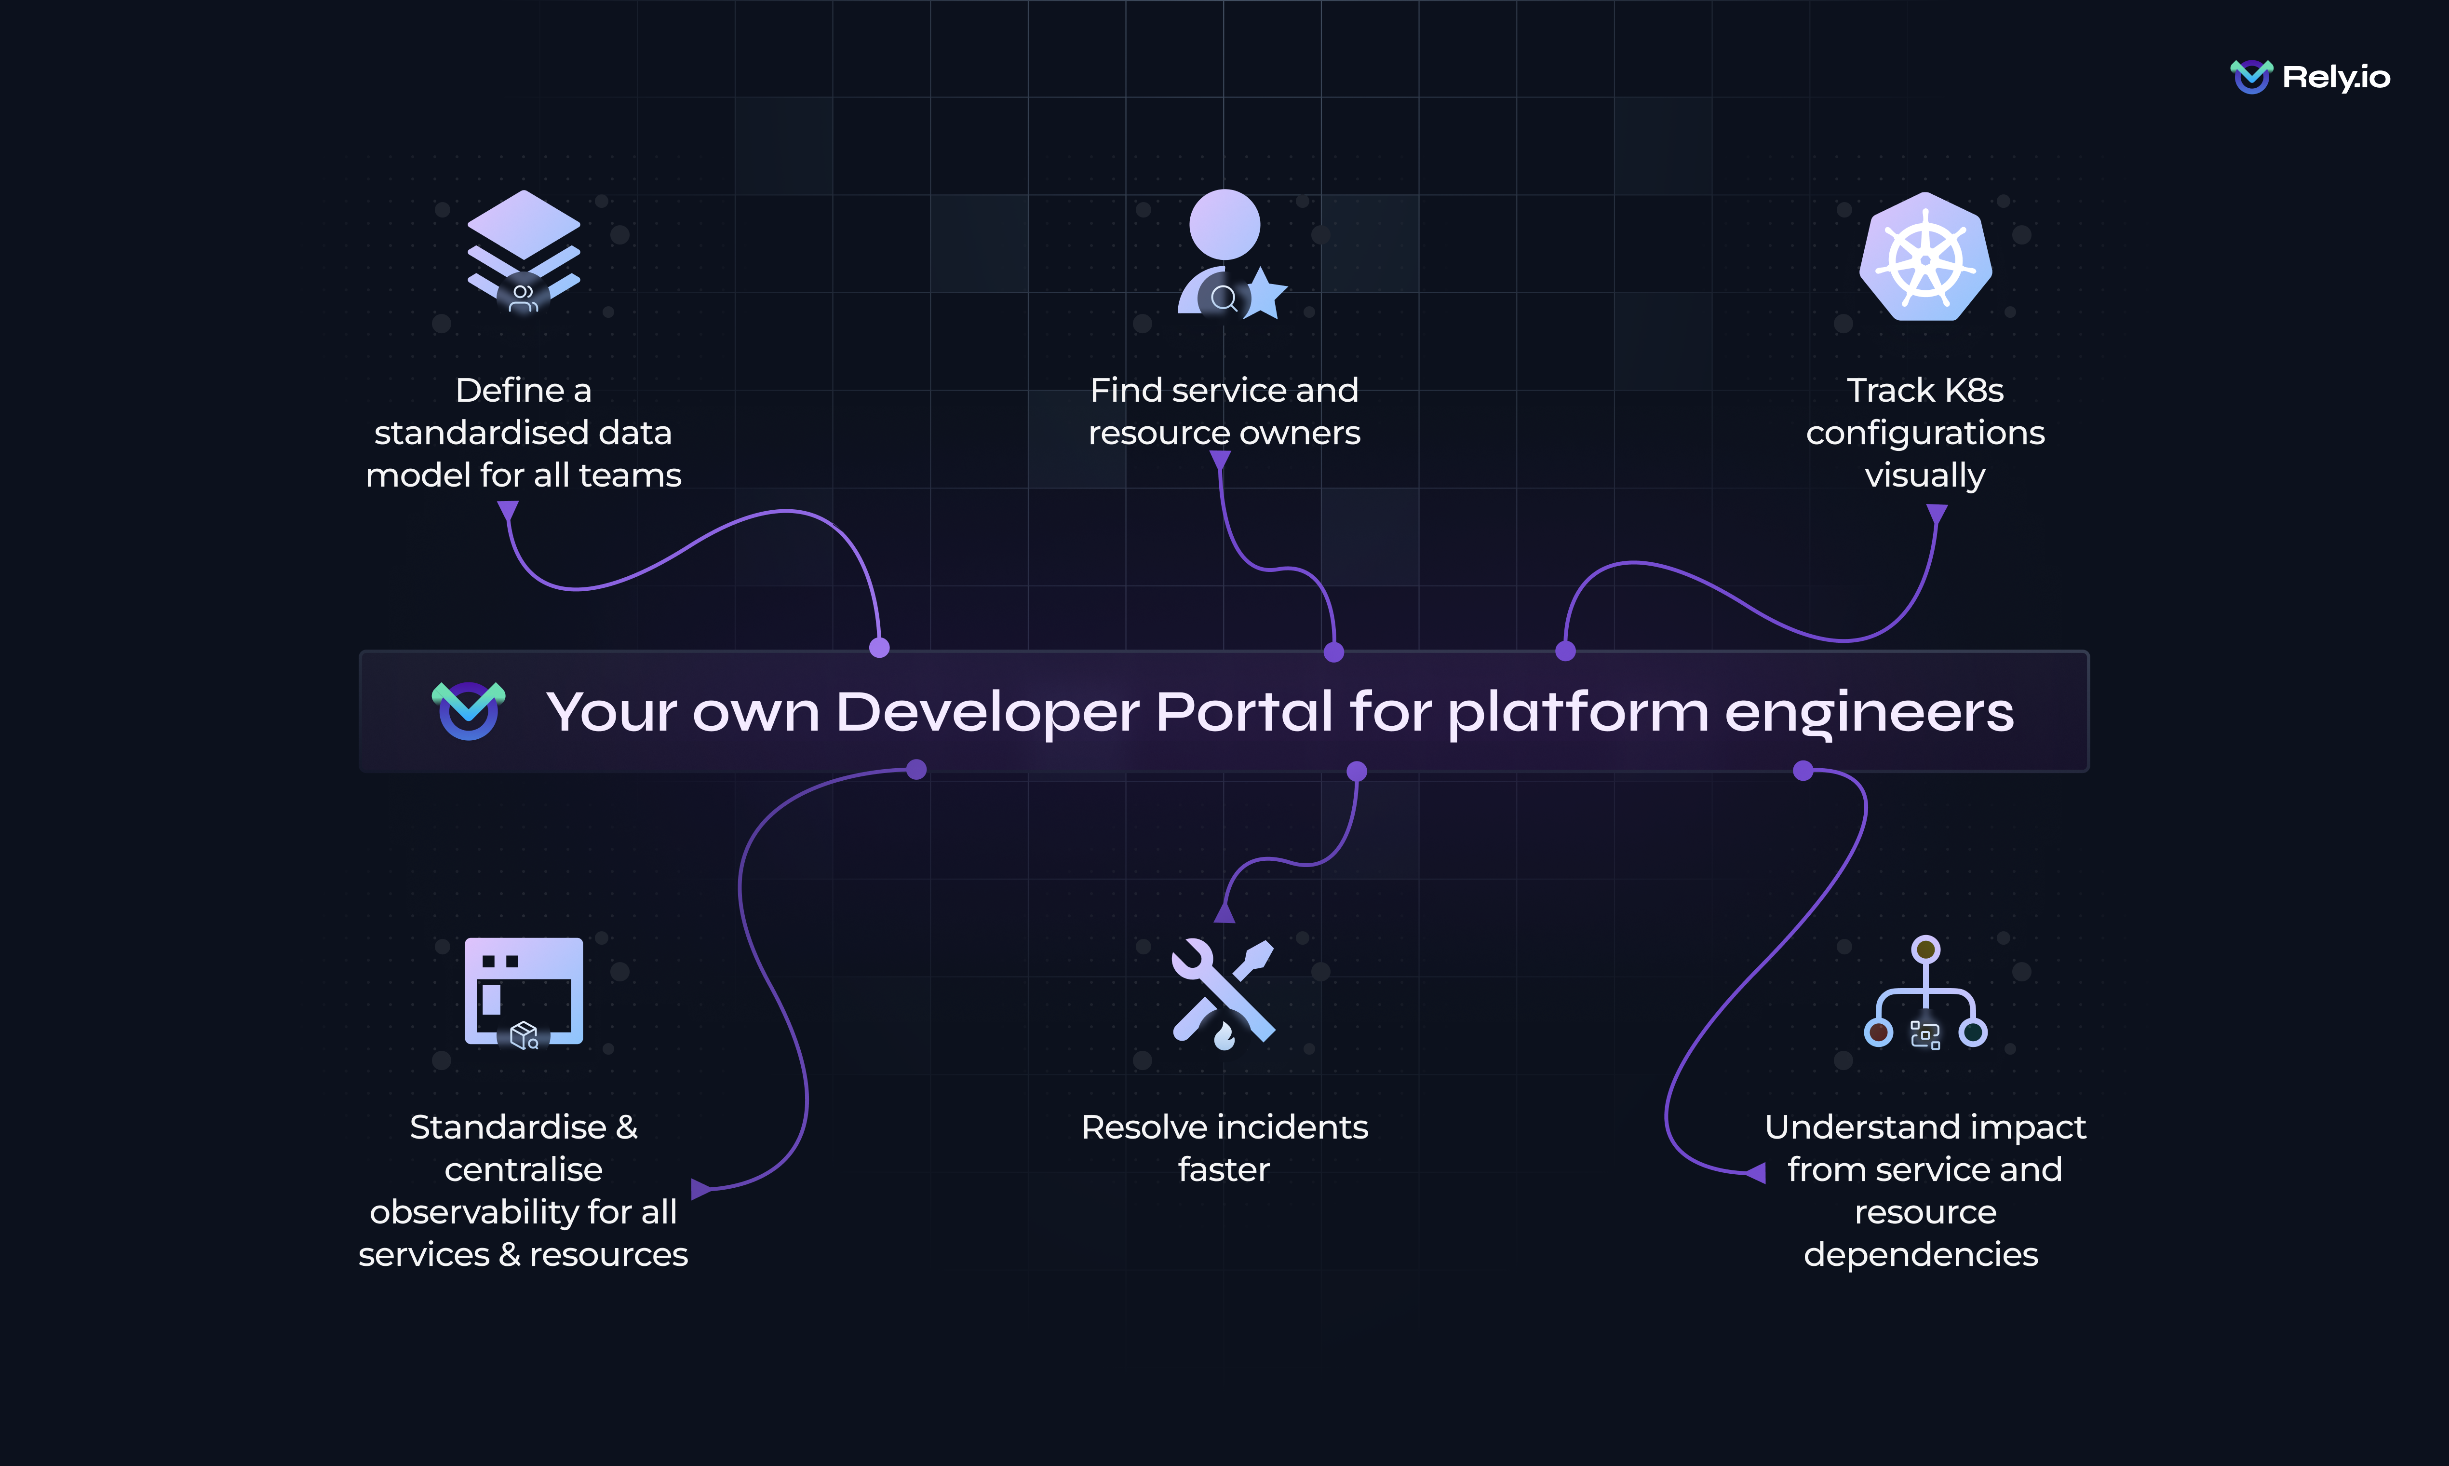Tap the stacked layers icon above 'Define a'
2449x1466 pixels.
pos(524,252)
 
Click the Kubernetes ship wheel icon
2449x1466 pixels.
pos(1925,257)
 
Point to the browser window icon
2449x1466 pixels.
pos(524,991)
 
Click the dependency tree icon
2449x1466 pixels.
pos(1925,993)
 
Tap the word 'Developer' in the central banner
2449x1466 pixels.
pos(987,712)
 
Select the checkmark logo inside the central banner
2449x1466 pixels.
pos(468,709)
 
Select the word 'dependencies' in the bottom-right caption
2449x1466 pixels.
pos(1921,1255)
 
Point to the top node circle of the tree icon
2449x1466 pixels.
pos(1925,950)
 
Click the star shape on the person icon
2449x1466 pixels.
pos(1265,294)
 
